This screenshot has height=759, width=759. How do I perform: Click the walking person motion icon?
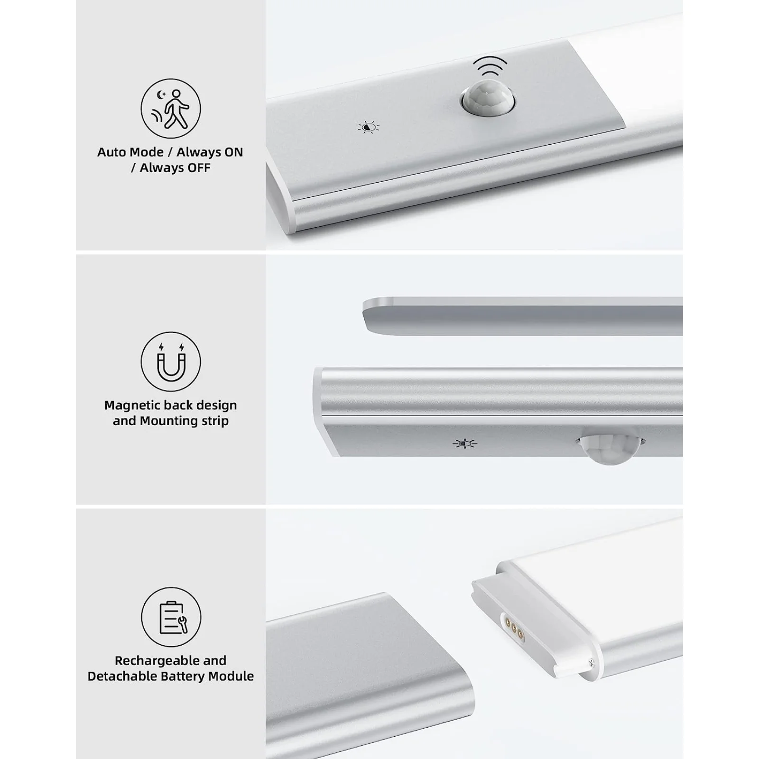pyautogui.click(x=171, y=109)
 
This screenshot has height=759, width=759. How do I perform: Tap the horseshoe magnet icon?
pyautogui.click(x=171, y=362)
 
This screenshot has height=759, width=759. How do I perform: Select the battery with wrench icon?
pyautogui.click(x=171, y=617)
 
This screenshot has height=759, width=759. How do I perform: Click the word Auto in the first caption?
pyautogui.click(x=112, y=152)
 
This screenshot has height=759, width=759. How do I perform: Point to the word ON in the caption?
pyautogui.click(x=233, y=152)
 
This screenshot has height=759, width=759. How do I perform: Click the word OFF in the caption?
pyautogui.click(x=199, y=168)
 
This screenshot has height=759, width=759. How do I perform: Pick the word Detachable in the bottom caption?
pyautogui.click(x=120, y=676)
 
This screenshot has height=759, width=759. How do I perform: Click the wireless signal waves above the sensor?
pyautogui.click(x=490, y=66)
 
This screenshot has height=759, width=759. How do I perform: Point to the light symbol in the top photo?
pyautogui.click(x=369, y=127)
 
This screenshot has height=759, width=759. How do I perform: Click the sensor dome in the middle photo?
pyautogui.click(x=610, y=448)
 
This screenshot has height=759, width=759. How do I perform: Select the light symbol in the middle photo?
pyautogui.click(x=464, y=444)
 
